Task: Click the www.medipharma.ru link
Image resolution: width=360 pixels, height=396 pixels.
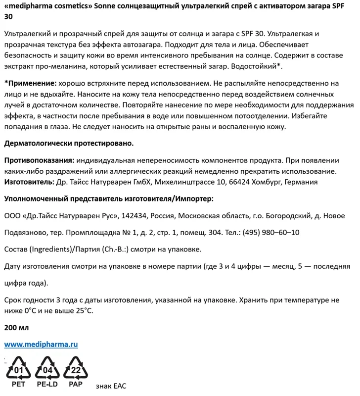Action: point(41,344)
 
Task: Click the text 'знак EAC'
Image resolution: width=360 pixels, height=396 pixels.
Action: point(111,386)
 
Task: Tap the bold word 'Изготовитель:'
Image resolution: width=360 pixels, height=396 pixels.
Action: point(28,182)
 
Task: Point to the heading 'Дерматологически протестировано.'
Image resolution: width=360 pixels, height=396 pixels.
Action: point(69,144)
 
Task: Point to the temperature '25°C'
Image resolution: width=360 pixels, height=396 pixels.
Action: point(82,310)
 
